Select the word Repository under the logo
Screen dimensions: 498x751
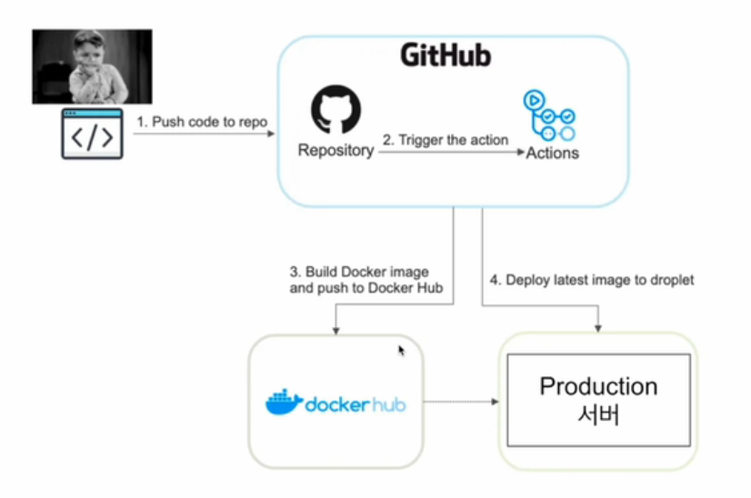click(335, 151)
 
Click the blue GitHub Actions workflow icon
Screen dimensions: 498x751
click(549, 115)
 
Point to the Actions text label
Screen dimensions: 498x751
click(552, 153)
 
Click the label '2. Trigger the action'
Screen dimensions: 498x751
click(445, 140)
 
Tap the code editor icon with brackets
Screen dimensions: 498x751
click(92, 134)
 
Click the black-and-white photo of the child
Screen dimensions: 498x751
click(92, 66)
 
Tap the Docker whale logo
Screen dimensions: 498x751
click(284, 403)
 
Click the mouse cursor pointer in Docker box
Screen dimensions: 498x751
click(401, 350)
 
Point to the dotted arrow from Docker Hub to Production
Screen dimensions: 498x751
click(459, 401)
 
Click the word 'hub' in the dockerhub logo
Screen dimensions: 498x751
click(386, 403)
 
